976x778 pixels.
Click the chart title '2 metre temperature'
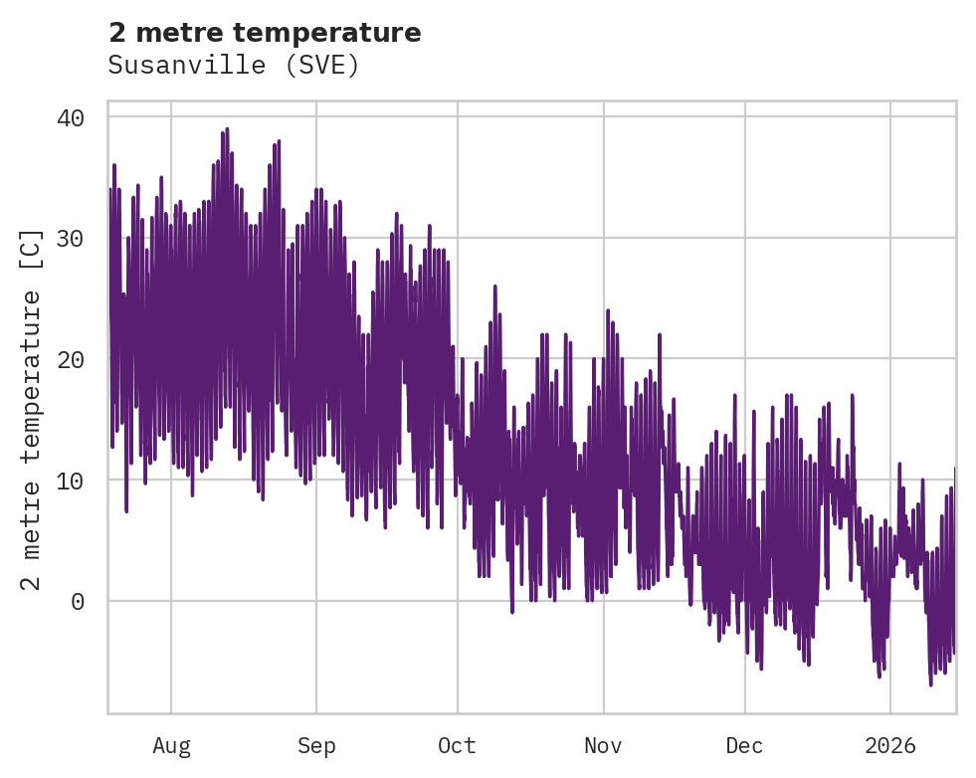coord(265,33)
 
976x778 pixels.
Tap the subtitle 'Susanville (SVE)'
coord(233,66)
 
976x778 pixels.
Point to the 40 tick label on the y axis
coord(71,117)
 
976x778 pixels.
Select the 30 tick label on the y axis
coord(71,239)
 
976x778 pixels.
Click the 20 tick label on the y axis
coord(71,359)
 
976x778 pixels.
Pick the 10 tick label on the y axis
coord(71,481)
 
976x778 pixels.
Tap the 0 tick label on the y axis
coord(78,601)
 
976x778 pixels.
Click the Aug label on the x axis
coord(171,746)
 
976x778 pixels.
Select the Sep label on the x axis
coord(316,746)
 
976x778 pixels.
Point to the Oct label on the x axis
coord(458,746)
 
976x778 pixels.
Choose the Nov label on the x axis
coord(603,746)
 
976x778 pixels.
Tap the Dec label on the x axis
coord(745,746)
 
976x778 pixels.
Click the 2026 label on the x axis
coord(889,746)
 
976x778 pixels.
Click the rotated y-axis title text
coord(32,408)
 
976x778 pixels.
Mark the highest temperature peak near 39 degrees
coord(227,129)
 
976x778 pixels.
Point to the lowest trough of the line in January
coord(931,684)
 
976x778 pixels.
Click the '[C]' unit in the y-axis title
coord(32,249)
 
